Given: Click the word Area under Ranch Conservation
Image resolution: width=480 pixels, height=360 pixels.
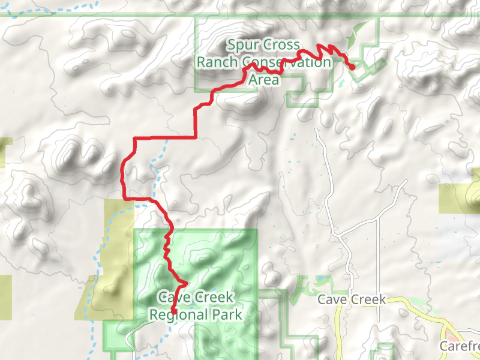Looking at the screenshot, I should [263, 80].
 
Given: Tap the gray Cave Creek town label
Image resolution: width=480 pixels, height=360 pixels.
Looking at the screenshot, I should [351, 299].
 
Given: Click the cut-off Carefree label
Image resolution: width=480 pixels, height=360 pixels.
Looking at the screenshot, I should [460, 346].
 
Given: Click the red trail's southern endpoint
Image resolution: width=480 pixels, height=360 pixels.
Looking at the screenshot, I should [173, 310].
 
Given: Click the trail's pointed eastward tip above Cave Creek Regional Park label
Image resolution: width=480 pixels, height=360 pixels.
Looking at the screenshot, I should [187, 282].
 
